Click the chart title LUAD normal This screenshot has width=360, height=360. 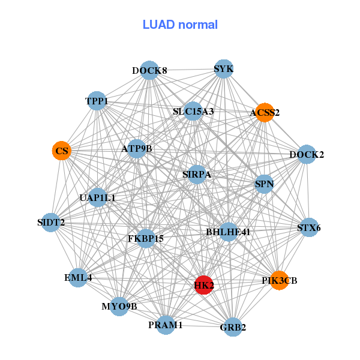(180, 25)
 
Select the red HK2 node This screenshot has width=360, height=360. (204, 285)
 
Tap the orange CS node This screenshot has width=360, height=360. (62, 151)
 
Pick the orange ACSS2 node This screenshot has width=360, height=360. (265, 112)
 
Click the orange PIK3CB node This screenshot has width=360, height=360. (279, 280)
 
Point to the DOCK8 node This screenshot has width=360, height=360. (149, 71)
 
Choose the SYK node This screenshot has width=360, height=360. (223, 69)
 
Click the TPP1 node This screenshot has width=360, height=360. (97, 101)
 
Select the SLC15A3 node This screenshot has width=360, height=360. (193, 111)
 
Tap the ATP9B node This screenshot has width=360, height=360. (137, 148)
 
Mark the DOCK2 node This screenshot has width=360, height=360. (307, 154)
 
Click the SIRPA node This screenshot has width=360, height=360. (197, 175)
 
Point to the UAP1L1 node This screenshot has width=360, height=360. (98, 197)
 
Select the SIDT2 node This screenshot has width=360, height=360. (51, 223)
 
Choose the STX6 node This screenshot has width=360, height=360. (309, 227)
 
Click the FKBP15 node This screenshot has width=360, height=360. (146, 238)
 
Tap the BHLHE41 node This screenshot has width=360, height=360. (228, 231)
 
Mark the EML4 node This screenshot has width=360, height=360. (78, 278)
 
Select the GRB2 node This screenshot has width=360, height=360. (233, 327)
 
